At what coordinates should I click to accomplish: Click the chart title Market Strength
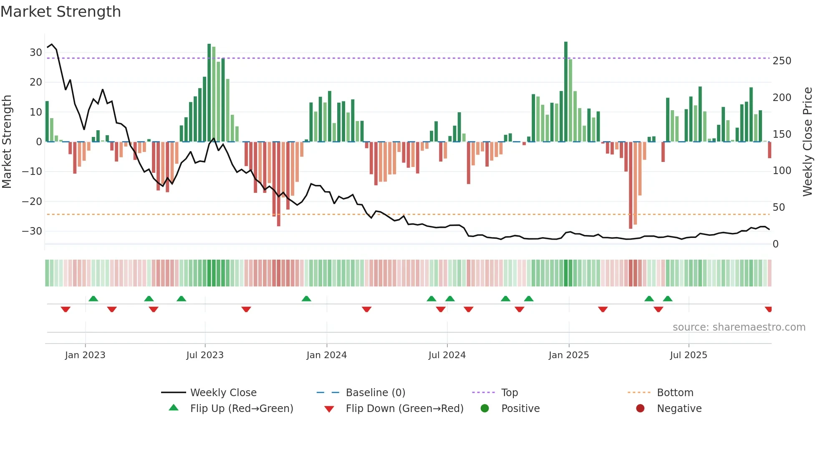[61, 12]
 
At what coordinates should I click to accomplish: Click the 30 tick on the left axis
[36, 53]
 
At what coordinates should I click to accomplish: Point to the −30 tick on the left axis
[32, 231]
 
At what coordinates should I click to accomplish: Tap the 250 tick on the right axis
[782, 61]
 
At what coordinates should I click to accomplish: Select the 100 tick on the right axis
[782, 171]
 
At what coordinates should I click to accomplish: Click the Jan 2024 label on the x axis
[326, 355]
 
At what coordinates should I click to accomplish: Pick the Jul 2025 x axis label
[688, 355]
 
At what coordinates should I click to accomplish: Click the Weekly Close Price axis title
[808, 142]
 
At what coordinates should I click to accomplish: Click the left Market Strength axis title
[7, 142]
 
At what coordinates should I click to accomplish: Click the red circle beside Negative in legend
[640, 409]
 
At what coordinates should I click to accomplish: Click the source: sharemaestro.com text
[739, 327]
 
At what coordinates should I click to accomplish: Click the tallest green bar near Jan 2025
[566, 92]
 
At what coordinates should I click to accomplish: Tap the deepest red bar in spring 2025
[631, 186]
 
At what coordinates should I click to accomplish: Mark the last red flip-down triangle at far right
[768, 309]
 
